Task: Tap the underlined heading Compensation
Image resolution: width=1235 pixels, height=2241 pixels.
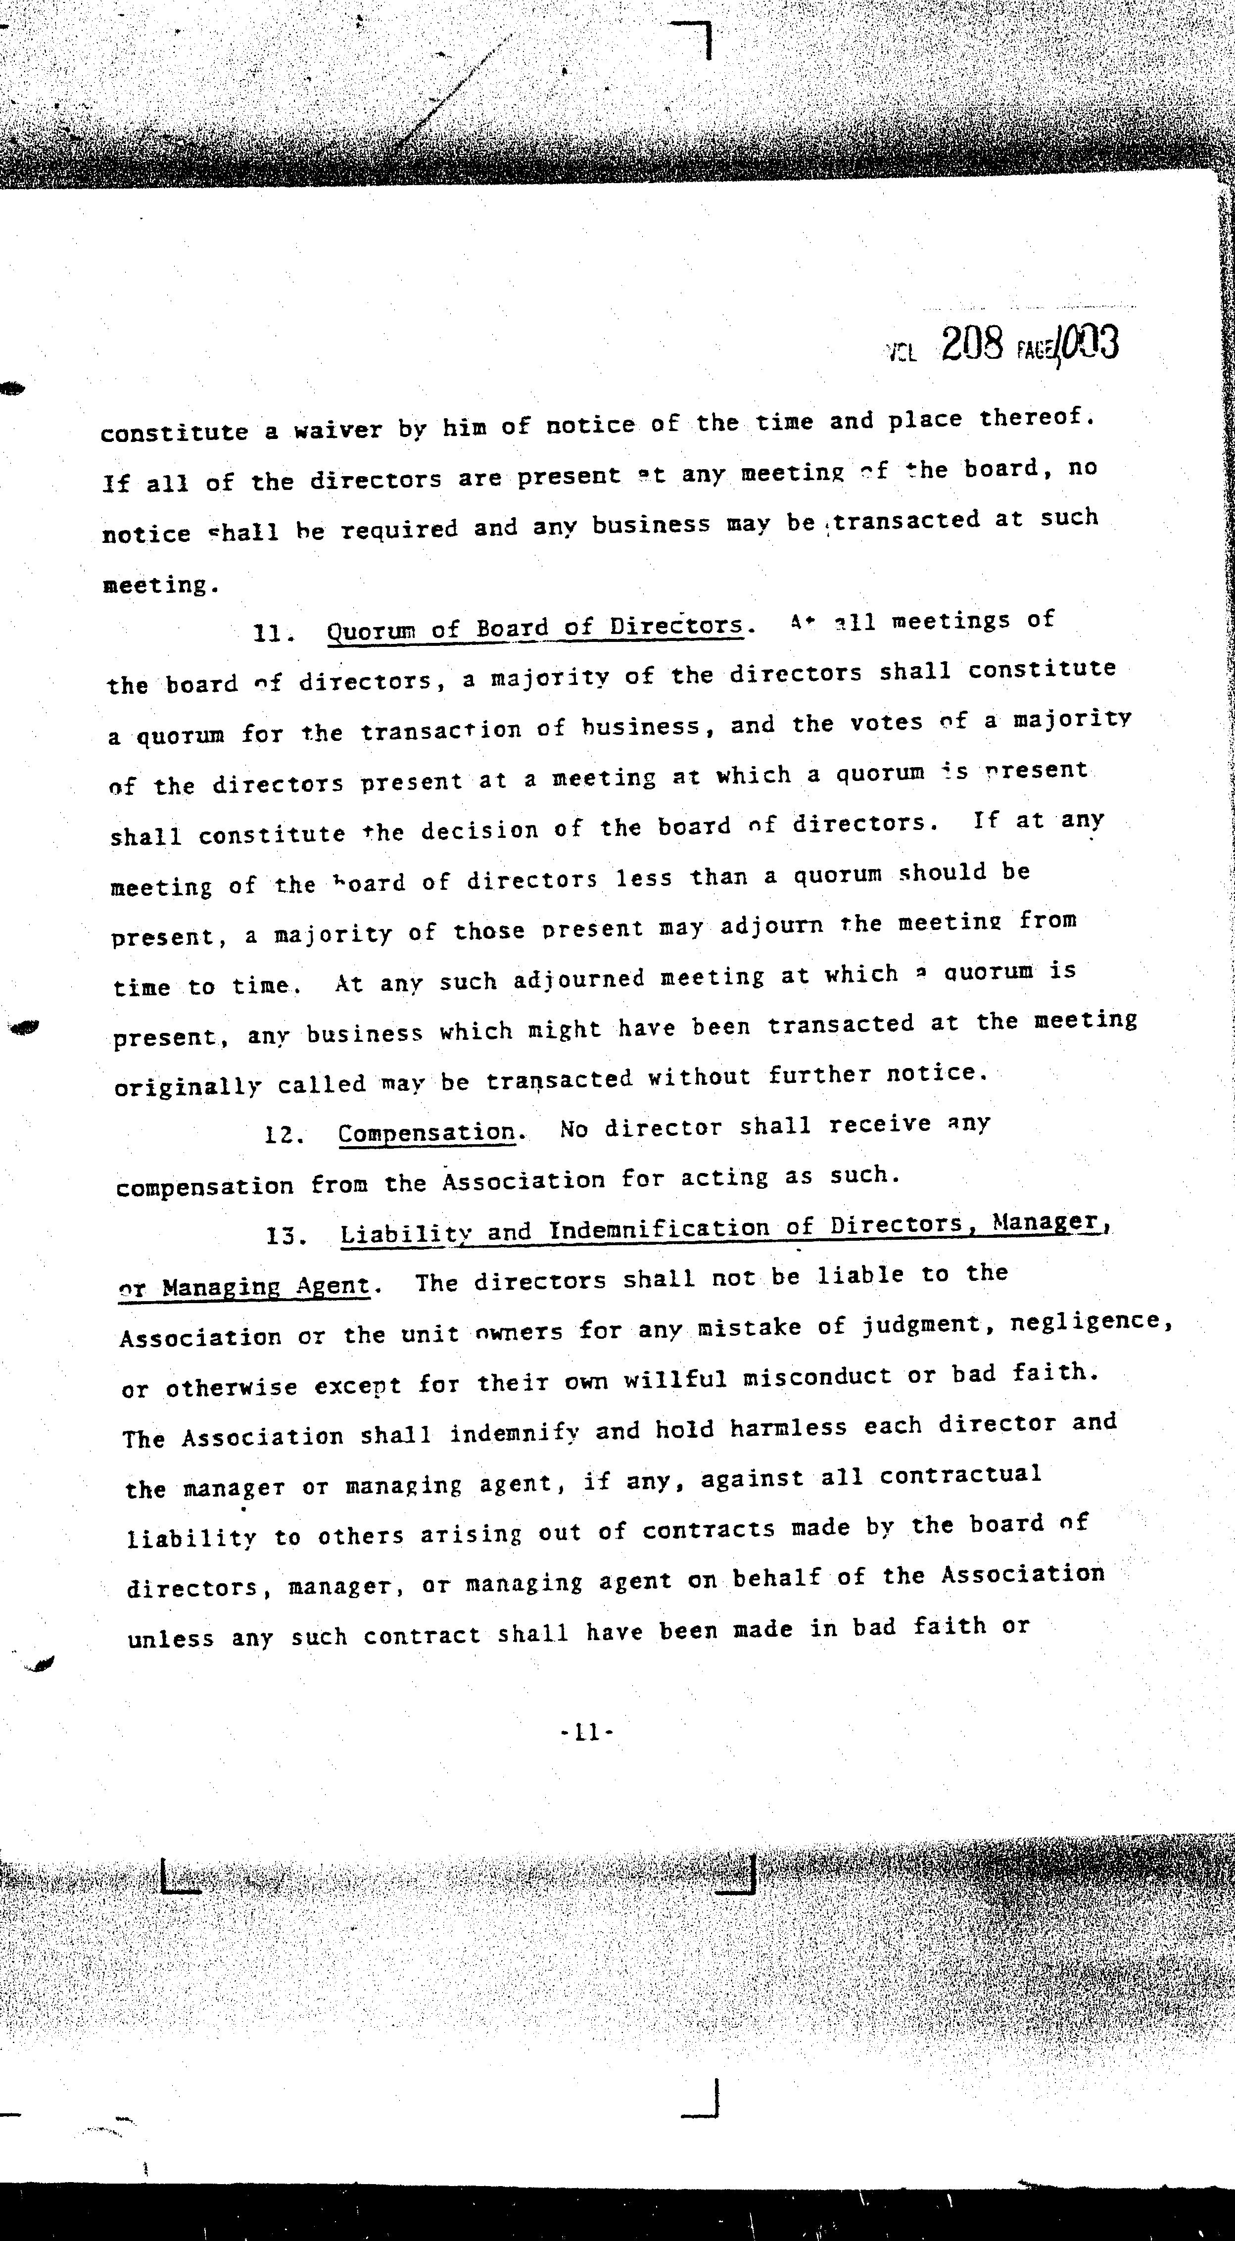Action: [x=427, y=1133]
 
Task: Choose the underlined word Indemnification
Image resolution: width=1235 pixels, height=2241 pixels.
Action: [x=659, y=1229]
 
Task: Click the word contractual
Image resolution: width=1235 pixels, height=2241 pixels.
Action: [x=959, y=1475]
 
